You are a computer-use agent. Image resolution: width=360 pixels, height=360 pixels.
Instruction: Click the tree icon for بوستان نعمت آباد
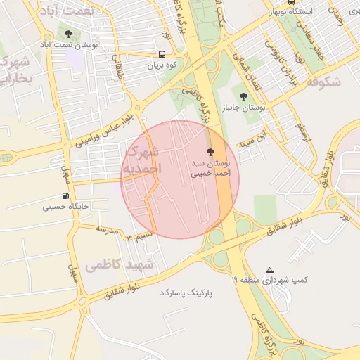click(x=68, y=33)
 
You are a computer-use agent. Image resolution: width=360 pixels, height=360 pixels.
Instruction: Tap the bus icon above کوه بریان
click(x=162, y=54)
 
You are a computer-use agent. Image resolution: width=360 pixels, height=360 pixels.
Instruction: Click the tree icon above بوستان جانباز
click(x=243, y=96)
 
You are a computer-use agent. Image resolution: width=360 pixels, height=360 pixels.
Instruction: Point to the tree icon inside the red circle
click(x=210, y=152)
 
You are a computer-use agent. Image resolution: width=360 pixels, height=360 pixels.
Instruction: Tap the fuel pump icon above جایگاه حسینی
click(x=65, y=196)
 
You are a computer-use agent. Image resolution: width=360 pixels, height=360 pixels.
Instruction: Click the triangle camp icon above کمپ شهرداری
click(x=269, y=270)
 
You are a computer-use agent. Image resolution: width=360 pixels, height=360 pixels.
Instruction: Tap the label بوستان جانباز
click(x=243, y=108)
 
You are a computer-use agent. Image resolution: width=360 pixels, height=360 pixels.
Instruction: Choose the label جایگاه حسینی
click(x=64, y=207)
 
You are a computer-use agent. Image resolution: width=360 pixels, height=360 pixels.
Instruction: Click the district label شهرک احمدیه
click(x=142, y=160)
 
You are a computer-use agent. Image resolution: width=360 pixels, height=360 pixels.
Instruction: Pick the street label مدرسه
click(x=105, y=229)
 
